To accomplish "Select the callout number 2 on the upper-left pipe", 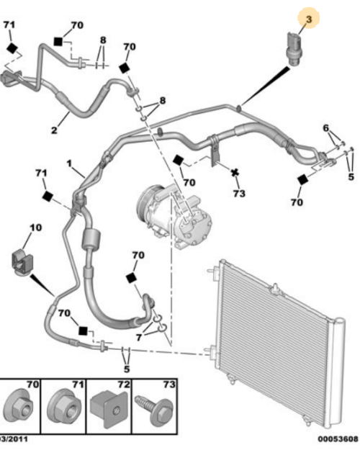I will click(54, 130).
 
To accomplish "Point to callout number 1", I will click(71, 163).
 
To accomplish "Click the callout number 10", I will click(35, 229).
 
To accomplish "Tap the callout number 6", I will click(327, 129).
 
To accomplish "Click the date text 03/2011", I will click(14, 457).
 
